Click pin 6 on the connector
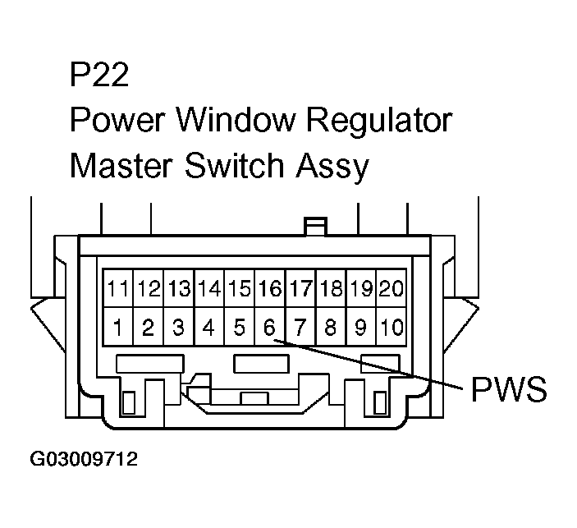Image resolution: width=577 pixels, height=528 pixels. click(x=269, y=328)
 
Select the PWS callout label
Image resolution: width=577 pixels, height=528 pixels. click(x=508, y=389)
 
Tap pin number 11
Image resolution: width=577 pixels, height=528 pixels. click(x=118, y=289)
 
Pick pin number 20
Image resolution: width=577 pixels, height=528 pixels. click(x=392, y=289)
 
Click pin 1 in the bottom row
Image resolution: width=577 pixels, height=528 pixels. click(x=118, y=328)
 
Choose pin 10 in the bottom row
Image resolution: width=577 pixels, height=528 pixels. click(x=392, y=328)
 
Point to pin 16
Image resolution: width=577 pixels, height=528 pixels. click(x=269, y=289)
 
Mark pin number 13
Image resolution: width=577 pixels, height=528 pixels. click(x=179, y=289)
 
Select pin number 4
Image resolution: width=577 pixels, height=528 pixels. click(x=208, y=328)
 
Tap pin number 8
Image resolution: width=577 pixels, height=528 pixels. click(x=331, y=328)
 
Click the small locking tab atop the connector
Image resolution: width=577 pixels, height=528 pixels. click(x=315, y=226)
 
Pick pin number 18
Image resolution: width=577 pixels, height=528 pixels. click(x=331, y=289)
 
